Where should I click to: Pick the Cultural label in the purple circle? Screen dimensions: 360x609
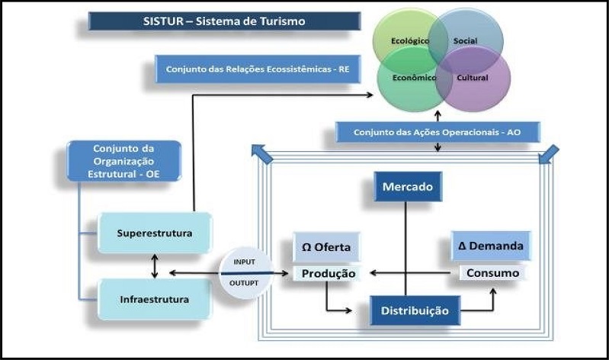(x=473, y=77)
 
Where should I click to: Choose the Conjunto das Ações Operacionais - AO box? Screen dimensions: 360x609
(x=438, y=132)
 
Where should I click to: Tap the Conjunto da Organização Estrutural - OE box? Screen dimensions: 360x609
(x=123, y=160)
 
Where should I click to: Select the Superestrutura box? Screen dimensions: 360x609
(x=155, y=232)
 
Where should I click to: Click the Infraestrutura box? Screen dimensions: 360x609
(x=155, y=298)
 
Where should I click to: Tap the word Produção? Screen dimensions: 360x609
(x=327, y=273)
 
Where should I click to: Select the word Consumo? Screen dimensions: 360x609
(x=492, y=272)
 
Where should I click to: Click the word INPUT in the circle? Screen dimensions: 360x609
(x=244, y=262)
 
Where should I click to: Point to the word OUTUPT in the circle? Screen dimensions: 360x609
(x=245, y=281)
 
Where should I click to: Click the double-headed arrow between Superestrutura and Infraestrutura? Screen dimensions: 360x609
(x=155, y=265)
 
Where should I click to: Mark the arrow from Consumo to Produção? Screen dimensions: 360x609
(x=412, y=272)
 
